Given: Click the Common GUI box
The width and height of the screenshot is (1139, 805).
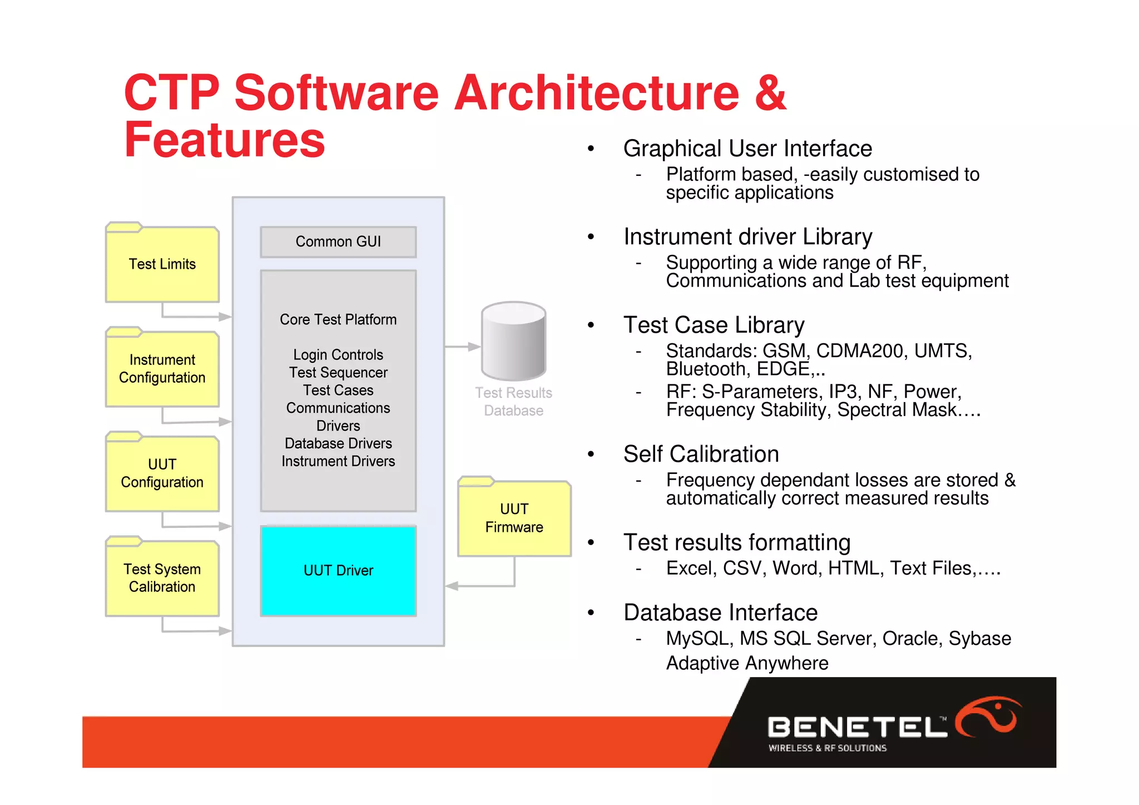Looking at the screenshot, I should click(338, 242).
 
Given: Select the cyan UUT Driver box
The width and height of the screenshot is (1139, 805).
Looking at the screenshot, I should click(338, 571).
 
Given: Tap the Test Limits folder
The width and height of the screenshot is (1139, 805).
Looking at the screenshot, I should click(162, 264).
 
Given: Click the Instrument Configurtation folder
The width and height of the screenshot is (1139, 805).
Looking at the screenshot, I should click(162, 368).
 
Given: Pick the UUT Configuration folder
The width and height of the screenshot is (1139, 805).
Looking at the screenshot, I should click(162, 473).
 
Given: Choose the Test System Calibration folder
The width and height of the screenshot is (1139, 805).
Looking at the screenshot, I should click(162, 577).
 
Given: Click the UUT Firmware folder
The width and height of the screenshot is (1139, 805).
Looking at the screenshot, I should click(514, 518).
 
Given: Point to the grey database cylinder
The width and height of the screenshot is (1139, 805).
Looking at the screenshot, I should click(513, 340).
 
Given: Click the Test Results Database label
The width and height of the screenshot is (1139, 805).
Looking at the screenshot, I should click(513, 402).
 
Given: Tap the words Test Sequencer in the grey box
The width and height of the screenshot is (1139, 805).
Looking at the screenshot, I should click(338, 373).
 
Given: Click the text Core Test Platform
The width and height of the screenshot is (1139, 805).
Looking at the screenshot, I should click(338, 320).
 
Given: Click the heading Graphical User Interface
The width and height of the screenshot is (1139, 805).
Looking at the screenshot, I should click(747, 149).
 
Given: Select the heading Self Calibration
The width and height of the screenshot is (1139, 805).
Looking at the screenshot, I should click(701, 454).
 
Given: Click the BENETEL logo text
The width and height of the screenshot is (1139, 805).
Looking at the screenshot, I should click(856, 727).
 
